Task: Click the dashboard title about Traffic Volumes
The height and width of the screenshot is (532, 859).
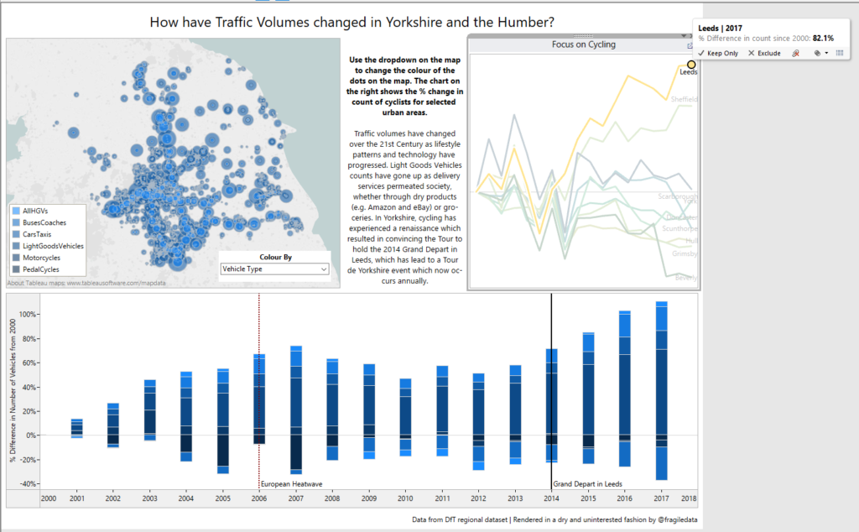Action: pyautogui.click(x=351, y=22)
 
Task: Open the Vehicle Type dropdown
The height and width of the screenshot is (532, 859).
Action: pyautogui.click(x=273, y=269)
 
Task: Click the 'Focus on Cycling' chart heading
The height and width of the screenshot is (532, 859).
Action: pyautogui.click(x=583, y=44)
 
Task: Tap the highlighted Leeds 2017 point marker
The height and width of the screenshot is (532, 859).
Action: pyautogui.click(x=691, y=65)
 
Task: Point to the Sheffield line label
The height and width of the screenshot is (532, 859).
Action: pyautogui.click(x=684, y=99)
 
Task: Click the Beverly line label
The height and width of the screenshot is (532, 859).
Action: pyautogui.click(x=686, y=277)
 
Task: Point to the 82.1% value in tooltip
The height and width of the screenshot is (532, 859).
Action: pyautogui.click(x=823, y=38)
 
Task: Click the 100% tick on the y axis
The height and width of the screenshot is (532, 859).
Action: pyautogui.click(x=27, y=315)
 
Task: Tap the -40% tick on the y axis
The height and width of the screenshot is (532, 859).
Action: pyautogui.click(x=27, y=483)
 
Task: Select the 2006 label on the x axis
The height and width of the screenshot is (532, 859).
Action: pyautogui.click(x=259, y=498)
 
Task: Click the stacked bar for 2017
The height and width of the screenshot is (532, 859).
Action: pyautogui.click(x=661, y=390)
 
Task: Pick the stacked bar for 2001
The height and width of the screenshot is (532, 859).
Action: pyautogui.click(x=76, y=428)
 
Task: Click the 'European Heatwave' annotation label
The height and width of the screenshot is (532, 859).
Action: pyautogui.click(x=291, y=484)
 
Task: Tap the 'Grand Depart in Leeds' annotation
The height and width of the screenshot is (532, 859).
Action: pyautogui.click(x=587, y=484)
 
